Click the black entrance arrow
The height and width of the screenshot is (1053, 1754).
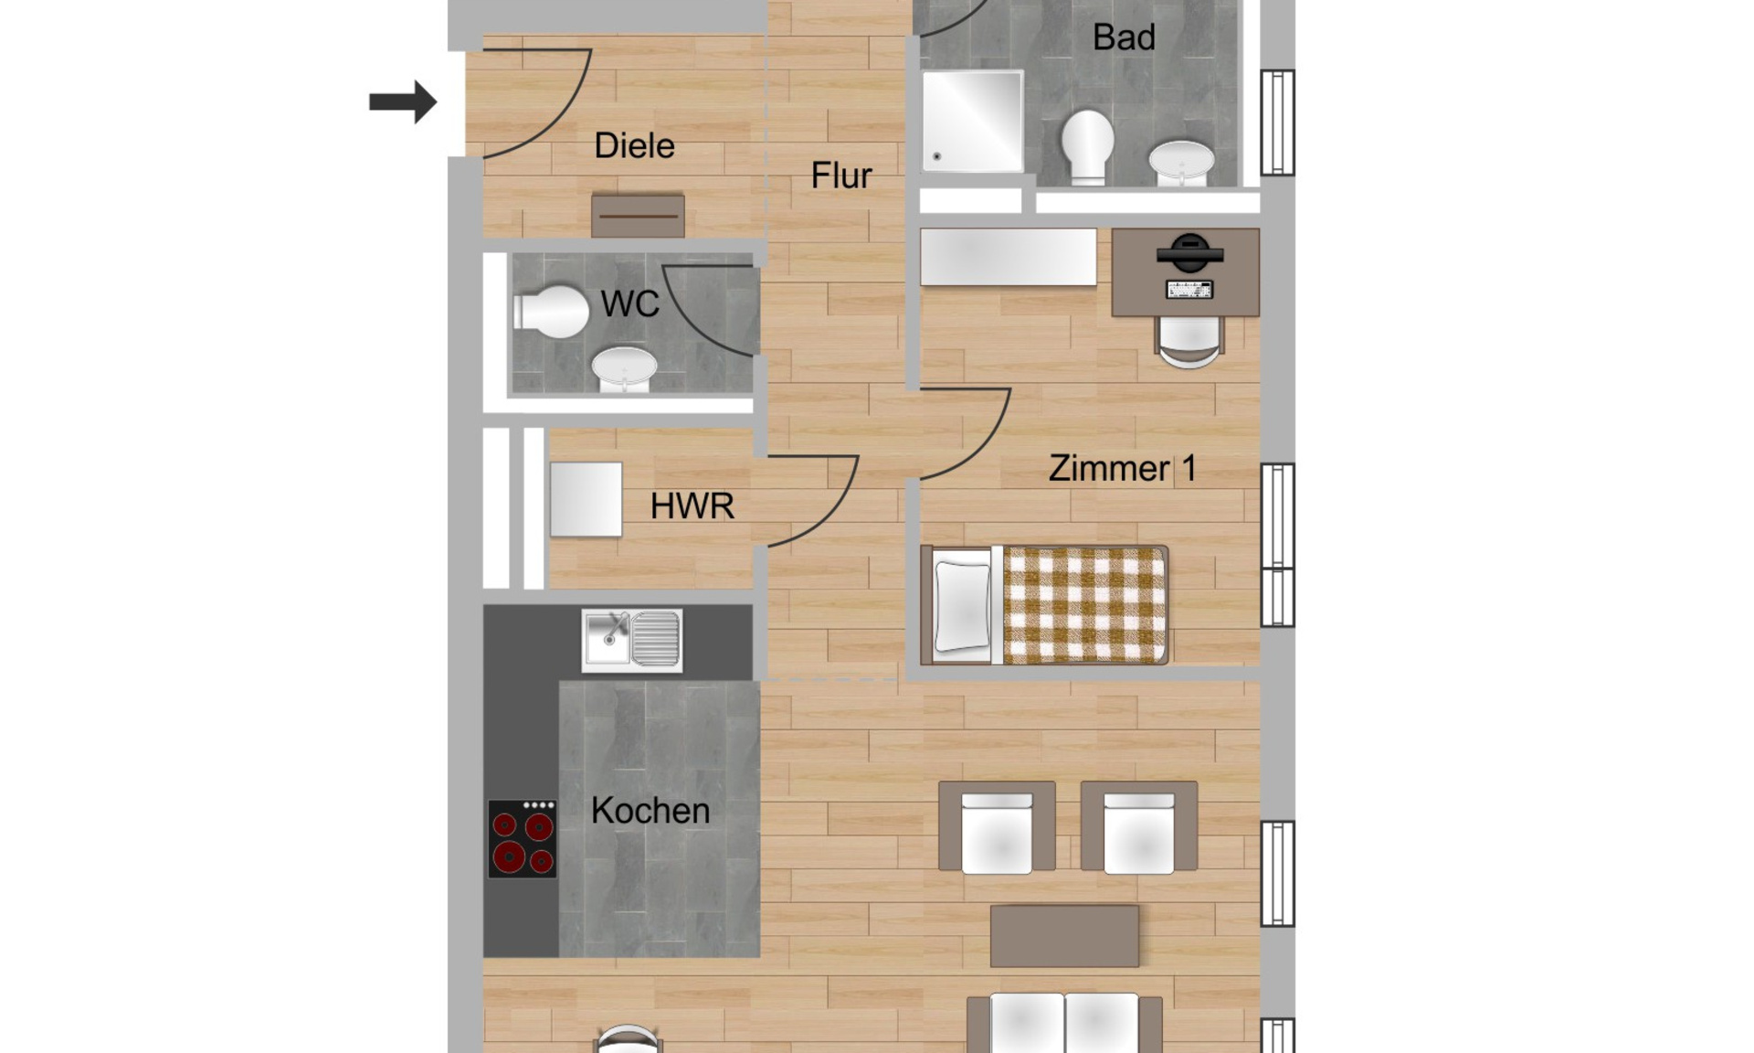[x=403, y=101]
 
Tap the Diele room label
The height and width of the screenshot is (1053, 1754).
[x=634, y=146]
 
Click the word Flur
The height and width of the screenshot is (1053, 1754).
[x=840, y=175]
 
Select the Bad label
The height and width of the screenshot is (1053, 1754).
[x=1124, y=37]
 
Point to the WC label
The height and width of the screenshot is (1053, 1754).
[x=629, y=304]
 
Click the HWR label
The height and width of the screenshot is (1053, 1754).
[x=692, y=506]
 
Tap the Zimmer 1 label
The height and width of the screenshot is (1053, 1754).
[x=1122, y=468]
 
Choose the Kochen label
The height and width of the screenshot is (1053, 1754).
[x=650, y=811]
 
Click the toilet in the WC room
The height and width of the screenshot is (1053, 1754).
[x=551, y=312]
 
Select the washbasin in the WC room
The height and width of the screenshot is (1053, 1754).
[x=624, y=369]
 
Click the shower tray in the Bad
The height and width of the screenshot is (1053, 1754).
[x=972, y=121]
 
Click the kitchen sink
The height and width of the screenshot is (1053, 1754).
[x=631, y=640]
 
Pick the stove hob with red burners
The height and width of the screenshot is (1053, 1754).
[x=522, y=839]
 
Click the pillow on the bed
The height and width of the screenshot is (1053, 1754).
[x=963, y=606]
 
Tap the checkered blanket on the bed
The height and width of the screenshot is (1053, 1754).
[x=1084, y=605]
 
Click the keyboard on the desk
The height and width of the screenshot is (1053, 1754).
[x=1189, y=290]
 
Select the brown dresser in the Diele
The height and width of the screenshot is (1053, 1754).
[x=638, y=216]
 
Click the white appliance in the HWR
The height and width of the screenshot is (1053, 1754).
[x=586, y=499]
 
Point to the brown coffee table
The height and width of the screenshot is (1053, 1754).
[x=1064, y=936]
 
